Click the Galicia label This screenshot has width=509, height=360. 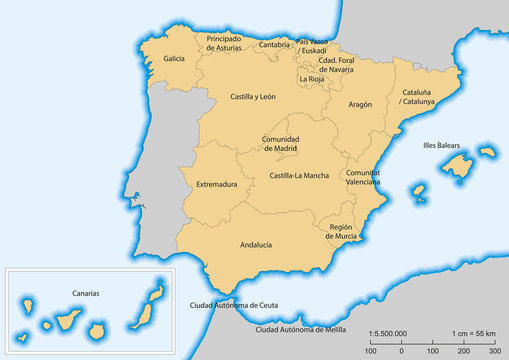pos(174,59)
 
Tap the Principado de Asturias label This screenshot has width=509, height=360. pos(223,42)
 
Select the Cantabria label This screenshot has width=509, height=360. pos(274,45)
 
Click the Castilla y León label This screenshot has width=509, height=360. pos(252,97)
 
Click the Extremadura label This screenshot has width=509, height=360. pos(216,184)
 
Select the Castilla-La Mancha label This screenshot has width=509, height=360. pos(299,176)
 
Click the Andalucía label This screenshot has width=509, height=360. pos(257,244)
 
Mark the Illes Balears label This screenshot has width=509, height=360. pos(441,146)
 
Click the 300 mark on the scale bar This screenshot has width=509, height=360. pos(494,352)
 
